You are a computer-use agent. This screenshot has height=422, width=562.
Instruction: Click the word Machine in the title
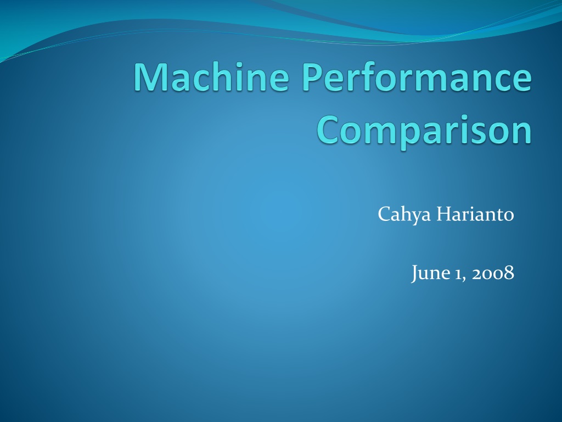pos(211,76)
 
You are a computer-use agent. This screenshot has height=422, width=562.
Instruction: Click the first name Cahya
pos(404,215)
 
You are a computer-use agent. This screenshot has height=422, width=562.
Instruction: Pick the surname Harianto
pos(475,214)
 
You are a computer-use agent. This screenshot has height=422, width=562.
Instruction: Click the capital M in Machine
pos(150,77)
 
